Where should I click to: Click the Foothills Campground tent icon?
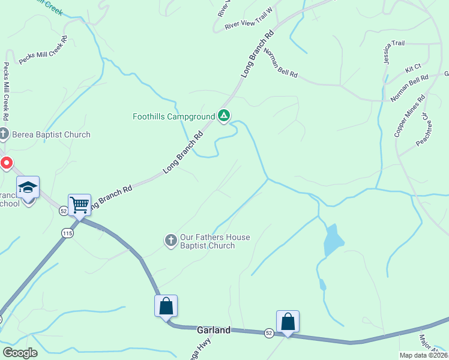(x=224, y=115)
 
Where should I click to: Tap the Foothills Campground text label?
(x=173, y=116)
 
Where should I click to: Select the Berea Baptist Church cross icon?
(x=4, y=134)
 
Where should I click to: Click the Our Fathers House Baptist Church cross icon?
(x=170, y=240)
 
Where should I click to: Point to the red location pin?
(x=6, y=163)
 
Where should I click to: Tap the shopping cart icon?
(x=79, y=205)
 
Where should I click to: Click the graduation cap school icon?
(x=28, y=187)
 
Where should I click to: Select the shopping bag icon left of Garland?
(x=166, y=306)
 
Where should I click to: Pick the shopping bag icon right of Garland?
(x=288, y=322)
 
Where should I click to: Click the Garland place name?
(x=214, y=330)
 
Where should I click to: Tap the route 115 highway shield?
(x=67, y=233)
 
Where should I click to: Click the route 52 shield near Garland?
(x=267, y=332)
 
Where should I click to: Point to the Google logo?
(x=20, y=353)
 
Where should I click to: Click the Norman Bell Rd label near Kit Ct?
(x=409, y=88)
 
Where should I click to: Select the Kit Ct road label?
(x=414, y=68)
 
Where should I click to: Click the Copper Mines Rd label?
(x=409, y=116)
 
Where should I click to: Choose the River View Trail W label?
(x=249, y=19)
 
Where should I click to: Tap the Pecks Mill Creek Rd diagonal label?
(x=43, y=50)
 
